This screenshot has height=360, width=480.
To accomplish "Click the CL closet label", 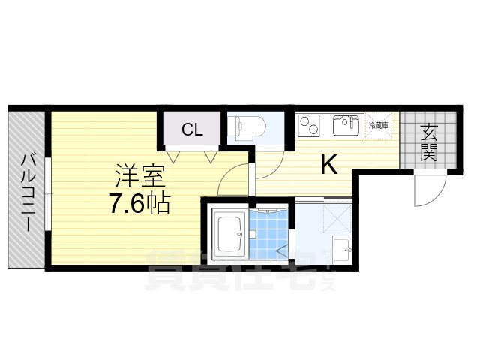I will pyautogui.click(x=192, y=130).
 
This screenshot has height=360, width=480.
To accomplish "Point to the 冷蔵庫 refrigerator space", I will pyautogui.click(x=378, y=125).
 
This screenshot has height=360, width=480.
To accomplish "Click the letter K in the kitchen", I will pyautogui.click(x=328, y=164).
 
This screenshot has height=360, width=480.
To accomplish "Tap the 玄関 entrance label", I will pyautogui.click(x=429, y=143).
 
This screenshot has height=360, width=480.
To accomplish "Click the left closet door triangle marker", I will pyautogui.click(x=174, y=156).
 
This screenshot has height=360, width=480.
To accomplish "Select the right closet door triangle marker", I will pyautogui.click(x=211, y=156).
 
